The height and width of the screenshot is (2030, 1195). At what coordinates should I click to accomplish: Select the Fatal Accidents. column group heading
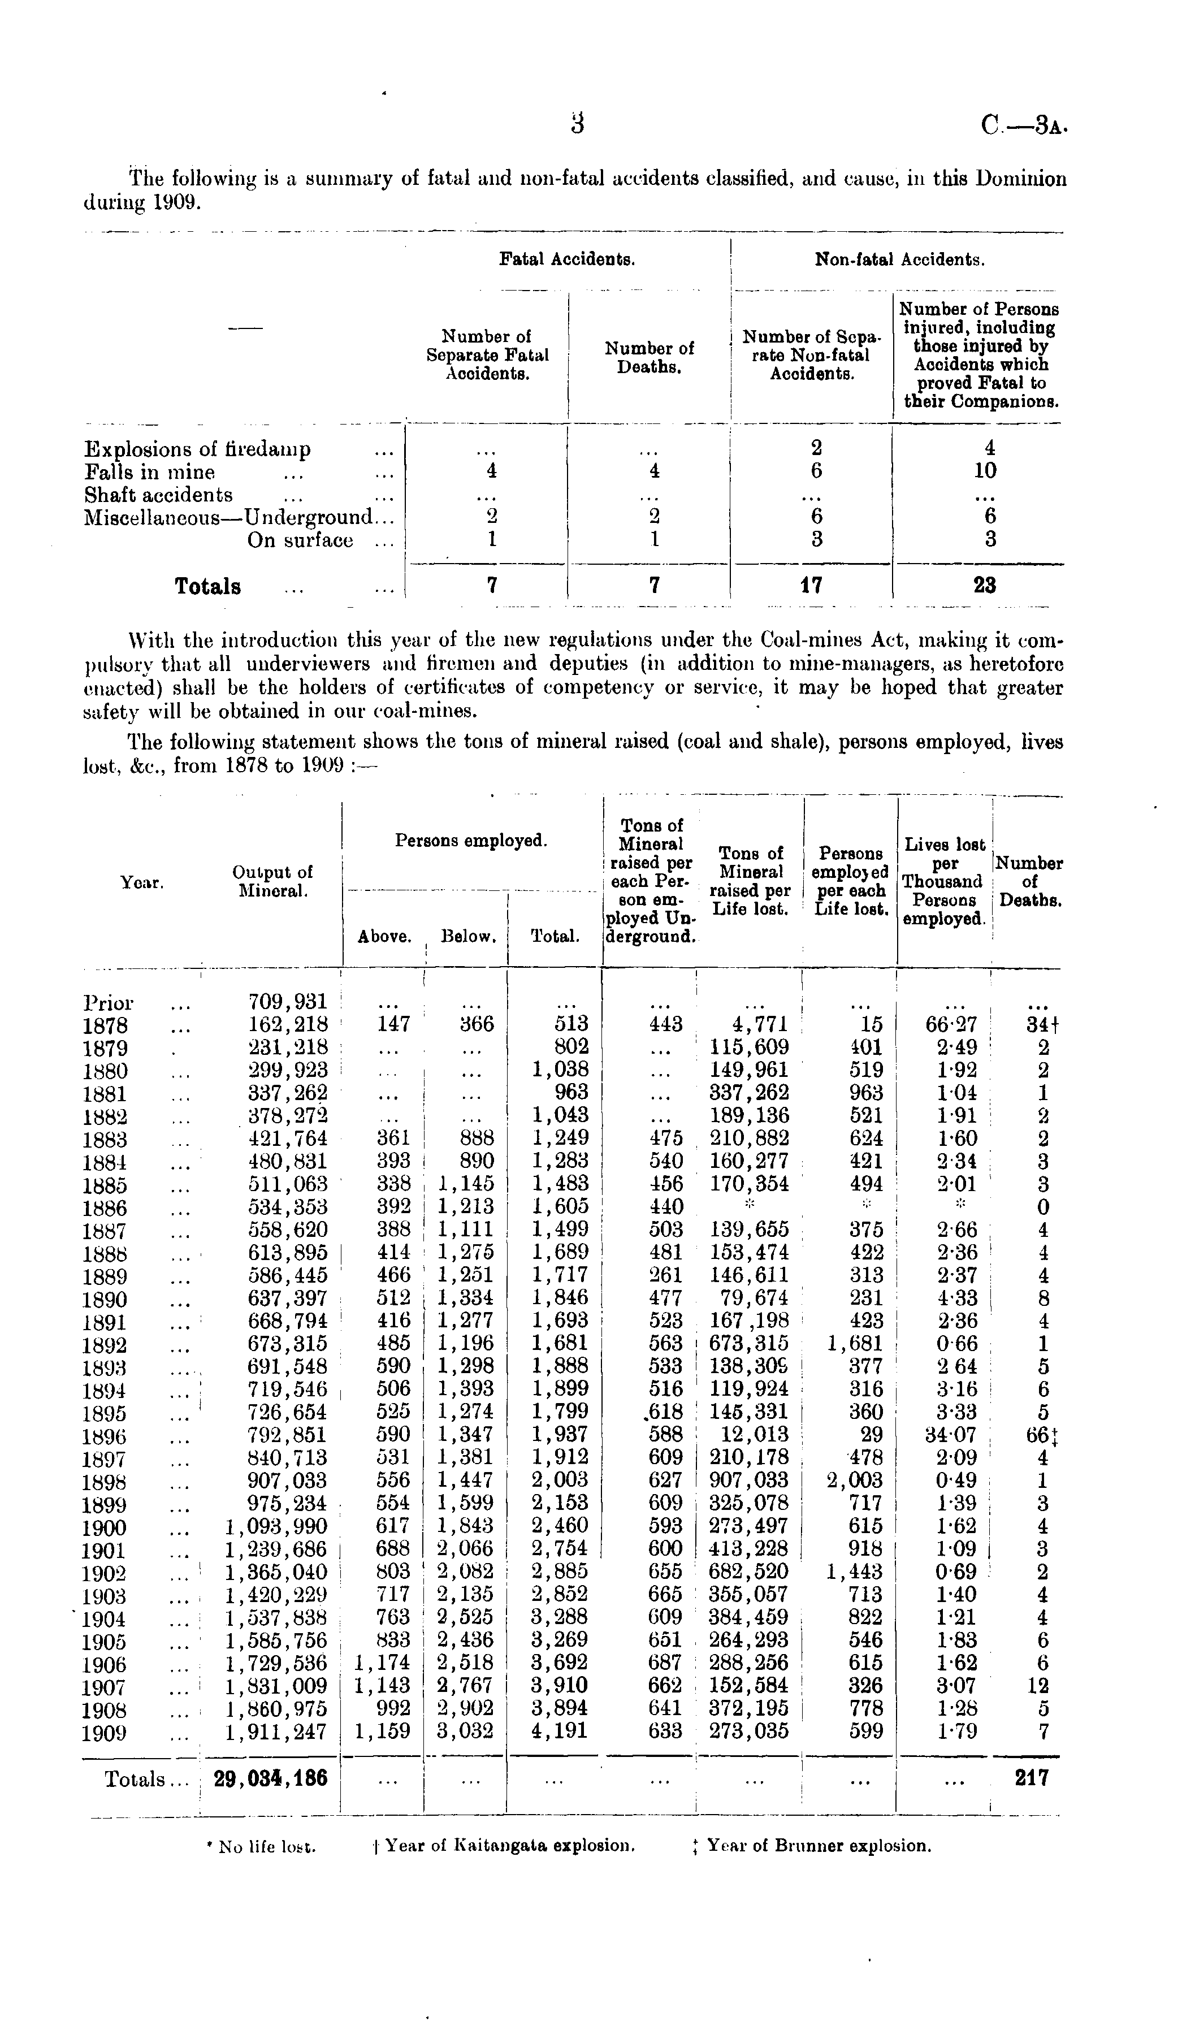(567, 259)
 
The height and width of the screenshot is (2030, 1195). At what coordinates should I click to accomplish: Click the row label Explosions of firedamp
(197, 449)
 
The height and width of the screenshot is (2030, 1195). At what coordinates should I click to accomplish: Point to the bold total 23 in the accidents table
(985, 586)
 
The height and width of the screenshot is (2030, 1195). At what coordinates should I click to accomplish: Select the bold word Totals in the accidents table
(208, 586)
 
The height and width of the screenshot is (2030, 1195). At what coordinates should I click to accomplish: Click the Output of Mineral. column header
(272, 881)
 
